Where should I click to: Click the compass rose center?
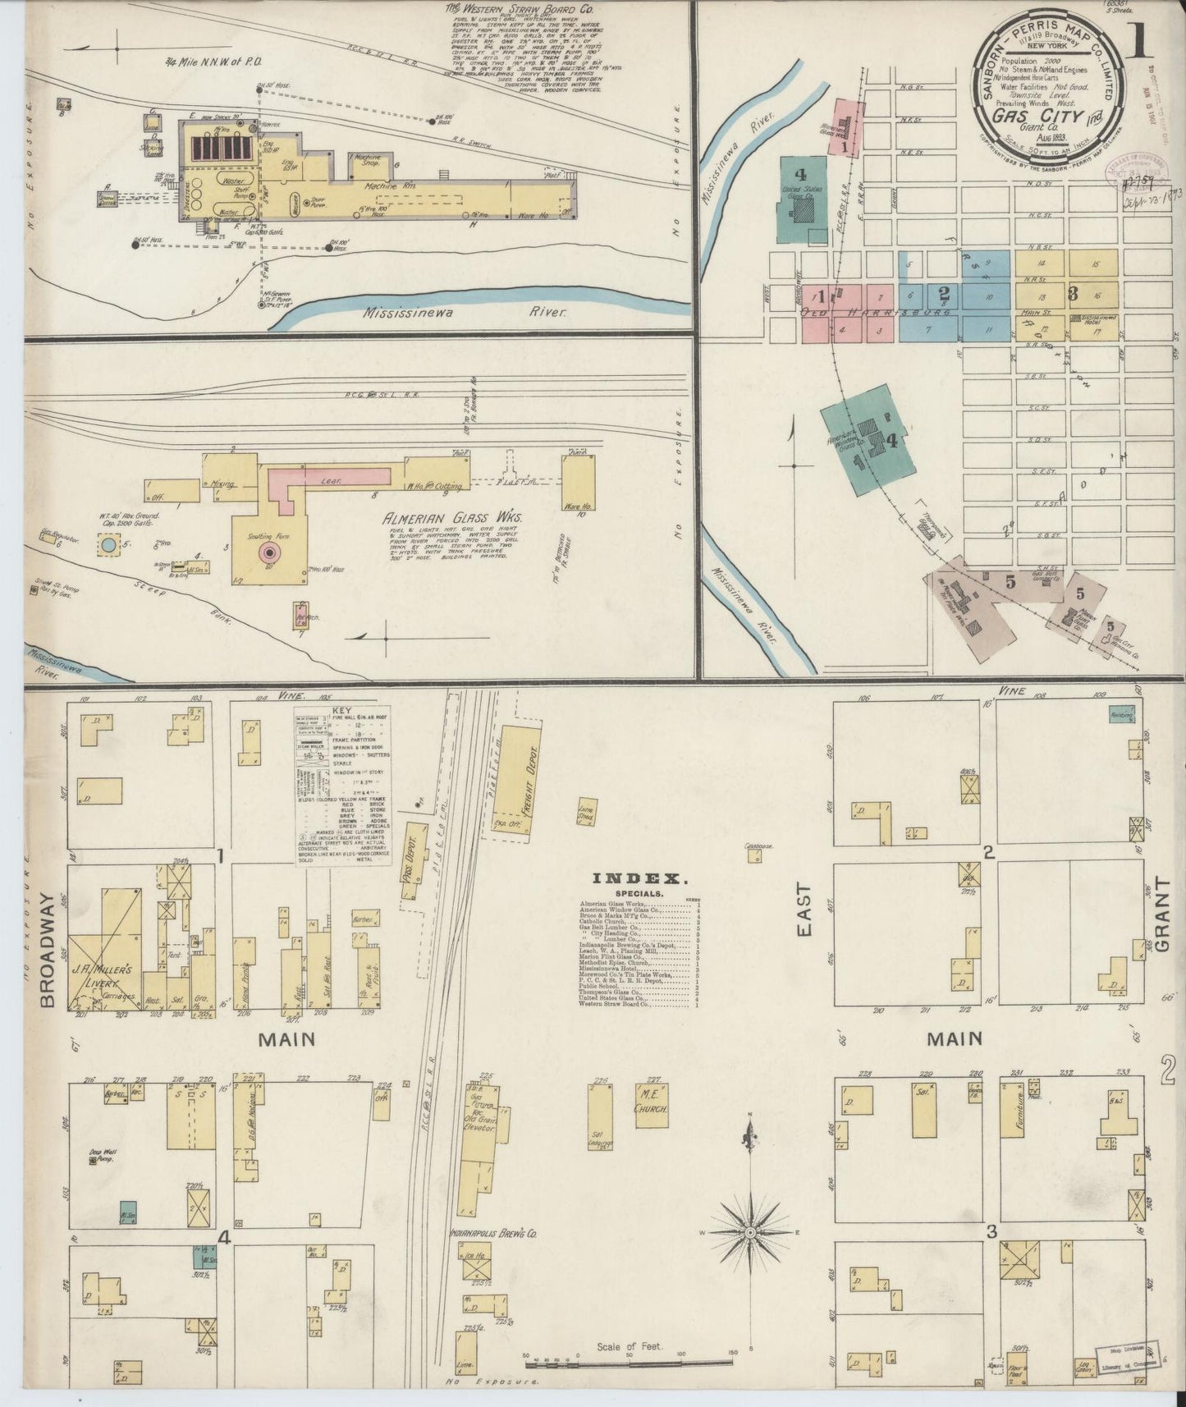[750, 1234]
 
